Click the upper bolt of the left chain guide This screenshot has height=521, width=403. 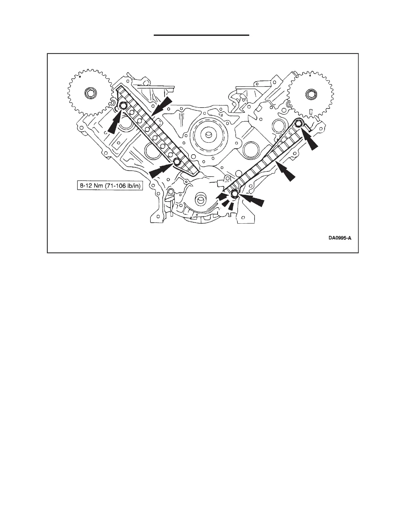pos(123,106)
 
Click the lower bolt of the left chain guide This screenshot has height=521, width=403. pos(177,162)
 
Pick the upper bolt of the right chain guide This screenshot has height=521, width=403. pos(298,124)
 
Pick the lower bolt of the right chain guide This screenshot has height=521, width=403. pos(234,194)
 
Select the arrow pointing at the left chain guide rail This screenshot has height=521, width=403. pos(163,105)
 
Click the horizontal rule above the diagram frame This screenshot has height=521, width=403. pos(202,35)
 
